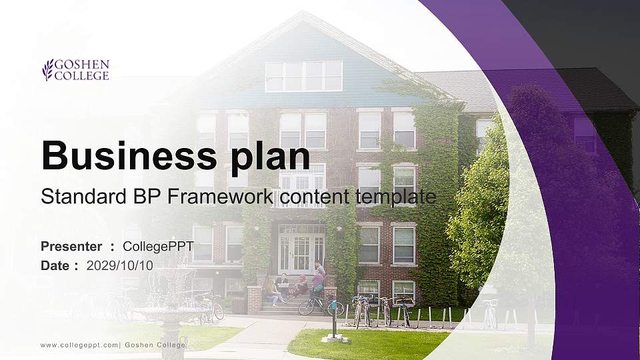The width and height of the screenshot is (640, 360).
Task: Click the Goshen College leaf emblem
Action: (47, 69)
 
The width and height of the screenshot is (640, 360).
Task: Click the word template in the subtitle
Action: (396, 197)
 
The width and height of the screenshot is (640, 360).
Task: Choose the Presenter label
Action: (71, 247)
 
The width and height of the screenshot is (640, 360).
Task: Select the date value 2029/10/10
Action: (120, 265)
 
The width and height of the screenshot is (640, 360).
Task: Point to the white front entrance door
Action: (301, 252)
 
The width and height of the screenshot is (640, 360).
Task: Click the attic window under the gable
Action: (303, 76)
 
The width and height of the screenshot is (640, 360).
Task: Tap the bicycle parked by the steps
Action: (320, 305)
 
